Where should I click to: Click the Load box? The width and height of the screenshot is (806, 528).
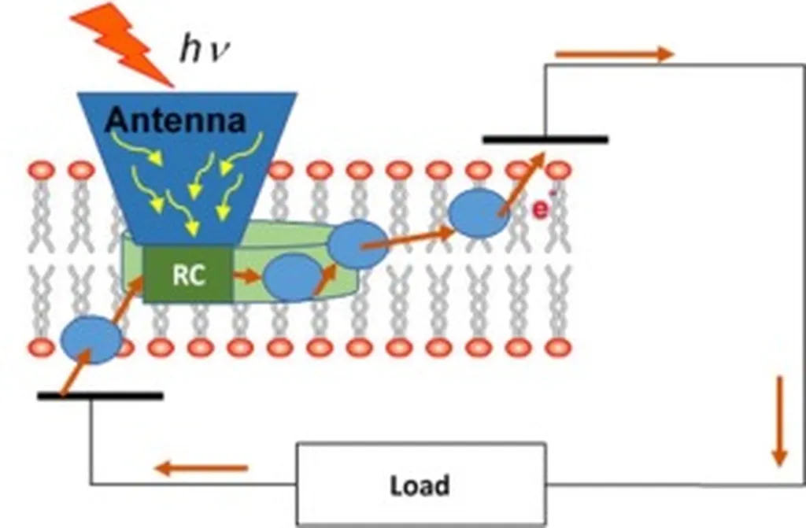pyautogui.click(x=420, y=484)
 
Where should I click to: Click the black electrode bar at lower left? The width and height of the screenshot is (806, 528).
pyautogui.click(x=100, y=395)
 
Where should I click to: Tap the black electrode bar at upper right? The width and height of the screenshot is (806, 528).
pyautogui.click(x=545, y=139)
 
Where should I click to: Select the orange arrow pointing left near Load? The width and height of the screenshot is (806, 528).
pyautogui.click(x=201, y=469)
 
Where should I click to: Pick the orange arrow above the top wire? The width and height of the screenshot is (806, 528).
pyautogui.click(x=614, y=54)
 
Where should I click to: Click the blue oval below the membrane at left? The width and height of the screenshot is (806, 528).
pyautogui.click(x=91, y=339)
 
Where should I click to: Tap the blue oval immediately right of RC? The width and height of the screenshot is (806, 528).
pyautogui.click(x=292, y=278)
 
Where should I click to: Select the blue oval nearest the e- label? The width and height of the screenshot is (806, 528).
pyautogui.click(x=479, y=212)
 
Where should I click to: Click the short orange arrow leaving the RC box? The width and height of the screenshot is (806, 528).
pyautogui.click(x=247, y=276)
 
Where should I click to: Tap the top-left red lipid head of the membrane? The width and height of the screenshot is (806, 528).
pyautogui.click(x=41, y=170)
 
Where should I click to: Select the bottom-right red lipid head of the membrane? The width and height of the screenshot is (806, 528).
pyautogui.click(x=558, y=346)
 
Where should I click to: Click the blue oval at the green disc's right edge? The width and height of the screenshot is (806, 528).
pyautogui.click(x=357, y=245)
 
